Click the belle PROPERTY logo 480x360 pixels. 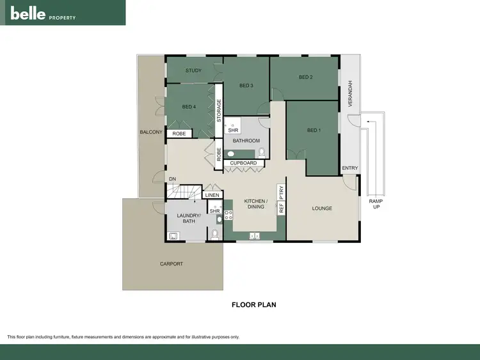click(x=43, y=13)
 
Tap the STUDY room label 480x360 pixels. click(x=194, y=70)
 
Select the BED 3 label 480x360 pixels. click(x=246, y=86)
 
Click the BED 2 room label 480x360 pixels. click(x=305, y=77)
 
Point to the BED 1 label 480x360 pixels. click(x=313, y=130)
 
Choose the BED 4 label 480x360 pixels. click(x=189, y=106)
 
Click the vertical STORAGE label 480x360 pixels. click(x=219, y=111)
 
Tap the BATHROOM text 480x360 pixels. click(x=246, y=141)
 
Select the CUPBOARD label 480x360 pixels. click(x=243, y=163)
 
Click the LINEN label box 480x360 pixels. click(x=212, y=195)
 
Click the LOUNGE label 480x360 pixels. click(x=322, y=208)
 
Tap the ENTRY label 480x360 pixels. click(x=350, y=168)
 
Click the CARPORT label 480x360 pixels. click(x=171, y=263)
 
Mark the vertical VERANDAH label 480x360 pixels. click(x=350, y=93)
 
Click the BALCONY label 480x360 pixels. click(x=152, y=132)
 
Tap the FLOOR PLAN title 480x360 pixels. click(x=253, y=305)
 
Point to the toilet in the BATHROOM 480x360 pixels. click(x=262, y=152)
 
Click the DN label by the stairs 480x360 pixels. click(x=173, y=178)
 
